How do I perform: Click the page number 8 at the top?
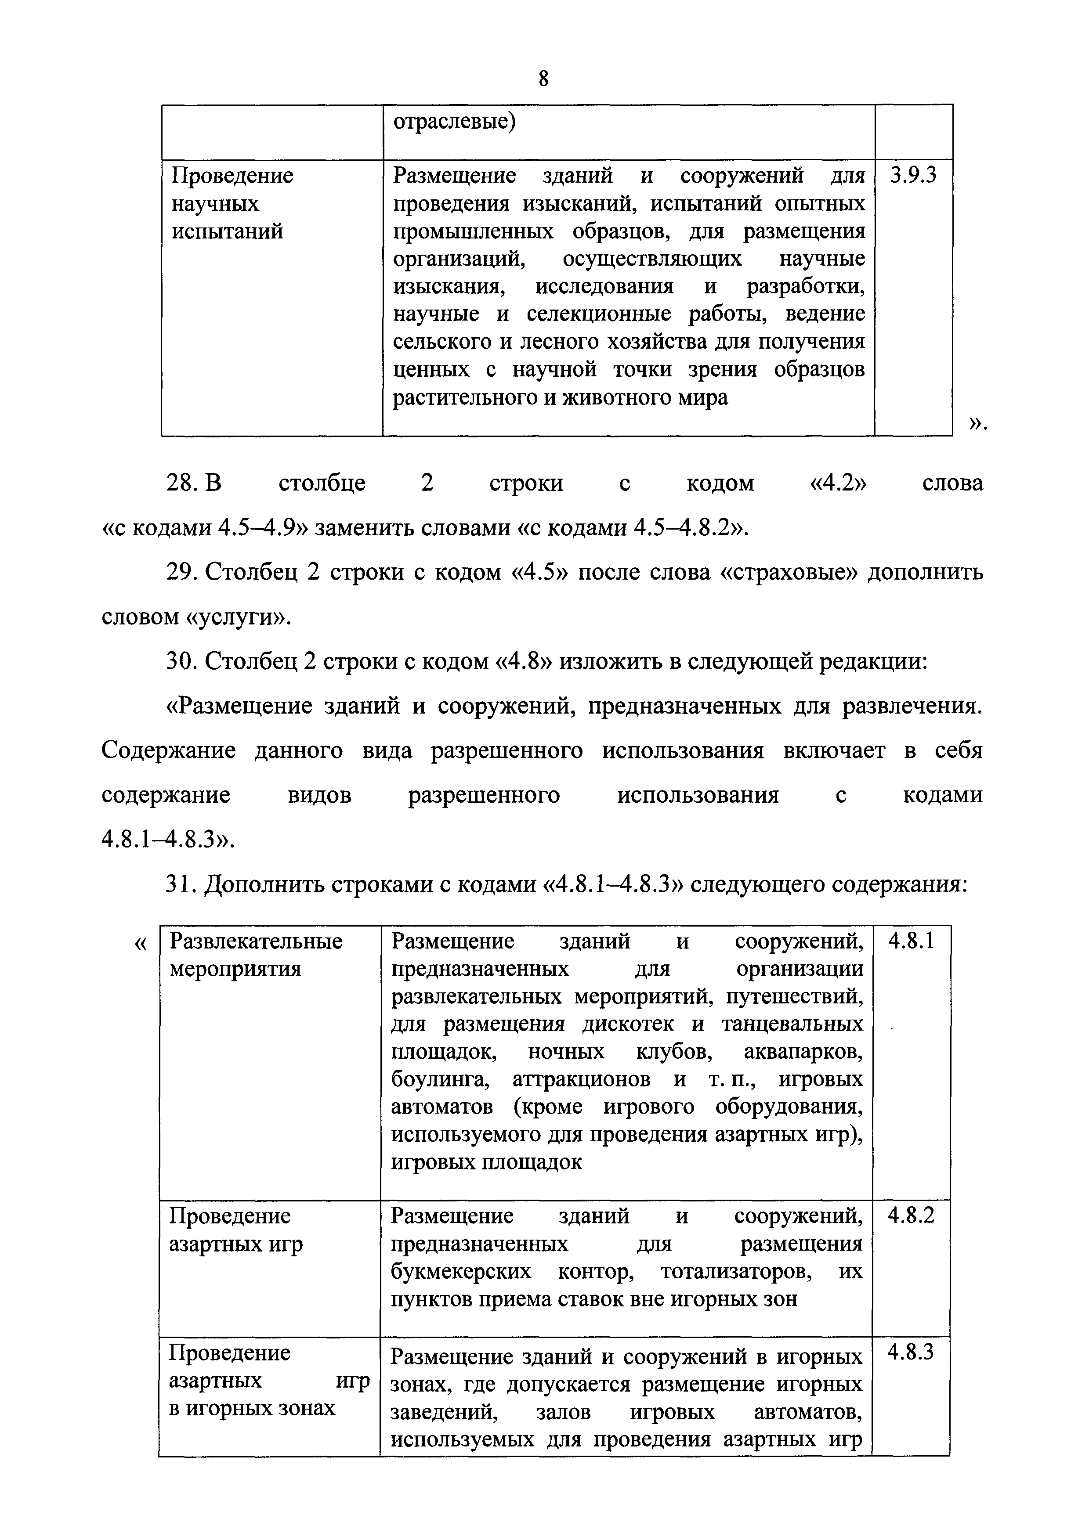[543, 79]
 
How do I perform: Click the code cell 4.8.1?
[911, 942]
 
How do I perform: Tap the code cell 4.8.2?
[911, 1215]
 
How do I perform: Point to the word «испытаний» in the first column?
[228, 231]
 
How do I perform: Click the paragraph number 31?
[180, 885]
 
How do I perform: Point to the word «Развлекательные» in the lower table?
[256, 942]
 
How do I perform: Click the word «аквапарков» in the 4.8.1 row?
[804, 1053]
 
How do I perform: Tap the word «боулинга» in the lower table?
[441, 1080]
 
